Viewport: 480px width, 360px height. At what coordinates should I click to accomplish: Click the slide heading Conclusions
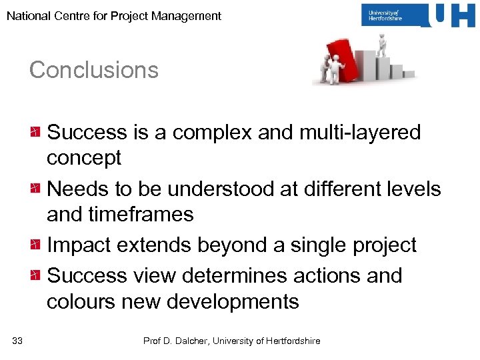[94, 70]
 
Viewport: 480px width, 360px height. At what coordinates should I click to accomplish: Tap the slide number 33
[17, 341]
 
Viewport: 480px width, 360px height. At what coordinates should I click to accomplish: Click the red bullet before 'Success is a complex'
[36, 132]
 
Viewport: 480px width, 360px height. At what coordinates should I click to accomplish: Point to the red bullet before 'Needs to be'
[36, 189]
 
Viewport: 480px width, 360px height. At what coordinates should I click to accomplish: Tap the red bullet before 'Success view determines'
[36, 275]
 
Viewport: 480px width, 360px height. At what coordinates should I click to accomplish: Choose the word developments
[233, 303]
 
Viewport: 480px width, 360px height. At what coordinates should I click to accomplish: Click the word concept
[84, 158]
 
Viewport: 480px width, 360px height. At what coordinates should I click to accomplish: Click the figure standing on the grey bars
[381, 45]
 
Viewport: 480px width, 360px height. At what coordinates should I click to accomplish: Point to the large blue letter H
[462, 15]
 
